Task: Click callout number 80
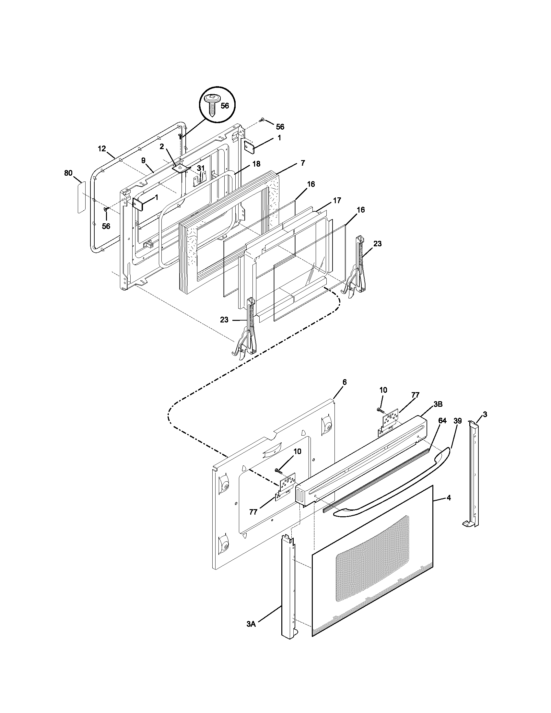tap(68, 173)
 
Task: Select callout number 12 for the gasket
tap(102, 149)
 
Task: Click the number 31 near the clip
tap(201, 168)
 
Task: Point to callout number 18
tap(256, 164)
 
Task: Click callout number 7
tap(303, 163)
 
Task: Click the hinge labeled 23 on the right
tap(358, 268)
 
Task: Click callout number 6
tap(344, 382)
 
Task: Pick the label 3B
tap(438, 404)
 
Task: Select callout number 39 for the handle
tap(457, 421)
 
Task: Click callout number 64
tap(442, 421)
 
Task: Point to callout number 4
tap(449, 498)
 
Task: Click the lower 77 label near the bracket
tap(253, 512)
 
